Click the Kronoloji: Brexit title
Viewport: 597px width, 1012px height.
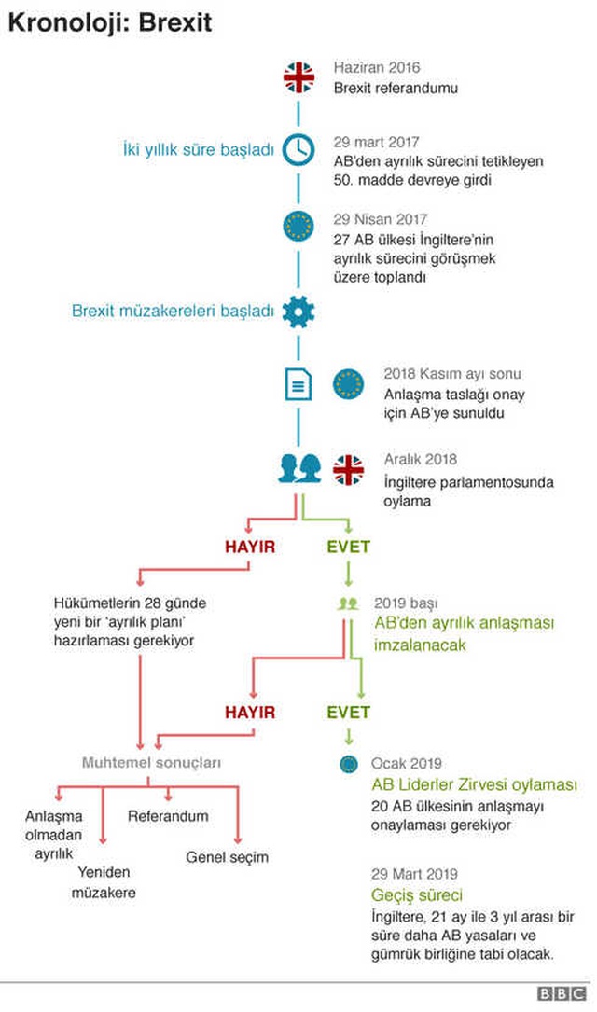(110, 22)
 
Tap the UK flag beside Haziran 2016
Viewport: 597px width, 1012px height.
(298, 77)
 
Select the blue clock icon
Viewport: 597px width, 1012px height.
(298, 150)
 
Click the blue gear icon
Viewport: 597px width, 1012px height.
(298, 312)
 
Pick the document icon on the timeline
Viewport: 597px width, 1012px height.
(298, 384)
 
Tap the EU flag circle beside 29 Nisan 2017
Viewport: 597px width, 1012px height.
(298, 227)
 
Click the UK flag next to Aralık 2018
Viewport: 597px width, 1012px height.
(349, 470)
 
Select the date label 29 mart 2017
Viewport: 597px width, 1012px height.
(376, 142)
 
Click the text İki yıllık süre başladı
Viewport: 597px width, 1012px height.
(198, 150)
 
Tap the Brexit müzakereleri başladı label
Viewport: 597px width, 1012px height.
(173, 312)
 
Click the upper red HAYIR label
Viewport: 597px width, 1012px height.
(250, 547)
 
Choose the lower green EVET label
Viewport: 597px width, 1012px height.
(349, 713)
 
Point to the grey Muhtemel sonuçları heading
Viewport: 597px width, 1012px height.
(151, 762)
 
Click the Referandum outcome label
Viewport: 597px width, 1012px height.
(168, 816)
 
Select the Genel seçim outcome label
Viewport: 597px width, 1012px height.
(228, 857)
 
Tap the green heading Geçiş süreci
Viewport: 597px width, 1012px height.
(417, 895)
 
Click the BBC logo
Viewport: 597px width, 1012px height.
(562, 994)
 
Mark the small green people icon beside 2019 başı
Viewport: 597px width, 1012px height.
(348, 603)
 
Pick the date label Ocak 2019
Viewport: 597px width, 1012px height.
(406, 764)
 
